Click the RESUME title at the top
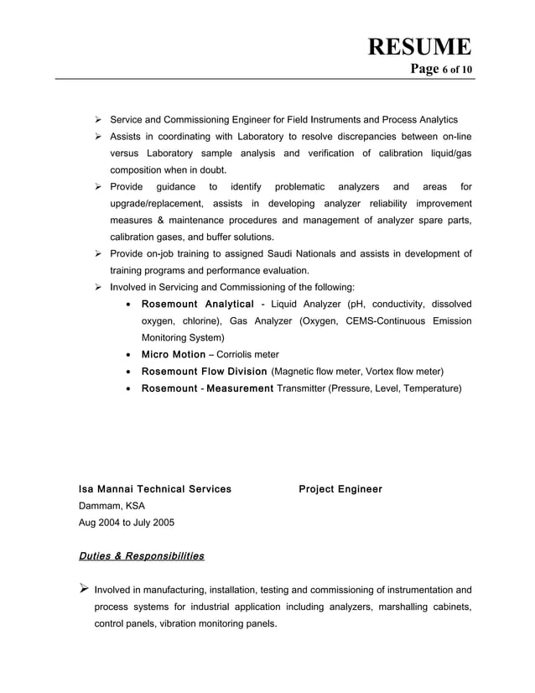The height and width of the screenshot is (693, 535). tap(419, 46)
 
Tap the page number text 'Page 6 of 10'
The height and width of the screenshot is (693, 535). tap(441, 69)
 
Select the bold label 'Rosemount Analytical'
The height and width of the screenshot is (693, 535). tap(197, 304)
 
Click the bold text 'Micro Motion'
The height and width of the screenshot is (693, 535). tap(173, 354)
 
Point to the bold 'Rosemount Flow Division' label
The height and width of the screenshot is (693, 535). tap(204, 371)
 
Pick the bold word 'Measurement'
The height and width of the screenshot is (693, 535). tap(240, 388)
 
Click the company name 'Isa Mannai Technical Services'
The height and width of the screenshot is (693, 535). tap(154, 489)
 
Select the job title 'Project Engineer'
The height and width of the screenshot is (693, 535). tap(340, 489)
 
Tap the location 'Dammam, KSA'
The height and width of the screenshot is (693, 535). tap(112, 506)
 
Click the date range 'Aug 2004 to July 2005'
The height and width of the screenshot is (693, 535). tap(126, 523)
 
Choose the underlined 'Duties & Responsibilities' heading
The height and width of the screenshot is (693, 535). tap(141, 556)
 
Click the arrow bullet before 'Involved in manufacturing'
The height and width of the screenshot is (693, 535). tap(83, 589)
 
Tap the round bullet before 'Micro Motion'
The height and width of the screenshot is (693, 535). tap(127, 355)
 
